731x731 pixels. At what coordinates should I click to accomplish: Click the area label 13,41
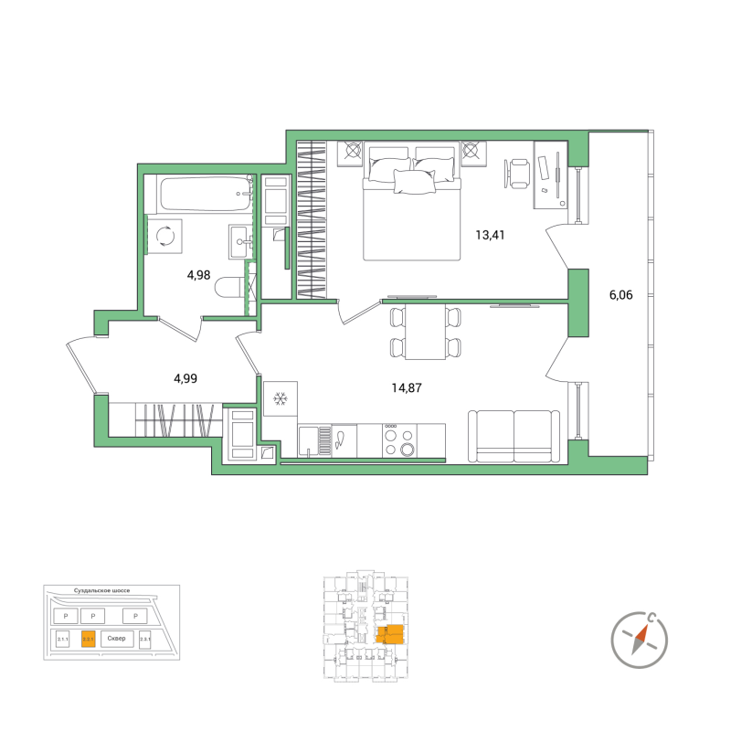pos(491,234)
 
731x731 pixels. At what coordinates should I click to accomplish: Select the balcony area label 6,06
pos(620,295)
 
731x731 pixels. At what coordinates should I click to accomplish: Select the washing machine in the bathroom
pos(167,237)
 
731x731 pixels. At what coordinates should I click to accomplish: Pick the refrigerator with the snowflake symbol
pos(281,399)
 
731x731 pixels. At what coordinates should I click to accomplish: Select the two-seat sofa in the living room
pos(514,438)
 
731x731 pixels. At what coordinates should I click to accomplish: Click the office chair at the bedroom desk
pos(518,171)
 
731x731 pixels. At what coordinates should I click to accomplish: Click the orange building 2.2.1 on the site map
pos(89,639)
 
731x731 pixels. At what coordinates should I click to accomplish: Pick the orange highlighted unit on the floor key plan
pos(390,634)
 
